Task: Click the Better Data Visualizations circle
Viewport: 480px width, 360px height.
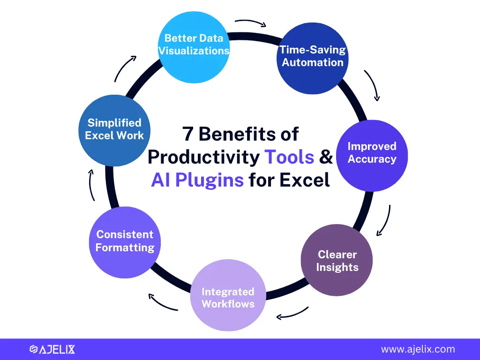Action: click(x=194, y=47)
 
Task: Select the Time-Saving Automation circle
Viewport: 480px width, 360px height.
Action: click(x=313, y=58)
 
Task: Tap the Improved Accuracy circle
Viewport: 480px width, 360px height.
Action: click(x=372, y=156)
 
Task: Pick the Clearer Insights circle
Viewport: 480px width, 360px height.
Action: click(x=337, y=260)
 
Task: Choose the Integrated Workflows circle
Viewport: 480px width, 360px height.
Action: click(x=228, y=295)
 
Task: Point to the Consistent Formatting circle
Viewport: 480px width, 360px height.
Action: click(x=125, y=242)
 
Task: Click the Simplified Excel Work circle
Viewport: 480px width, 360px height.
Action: click(x=114, y=130)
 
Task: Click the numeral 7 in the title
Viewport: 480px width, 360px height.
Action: click(x=187, y=134)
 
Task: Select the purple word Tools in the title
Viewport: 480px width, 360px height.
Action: click(x=289, y=157)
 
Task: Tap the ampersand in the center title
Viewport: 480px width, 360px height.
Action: click(x=326, y=157)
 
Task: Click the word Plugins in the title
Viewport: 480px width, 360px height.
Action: click(x=210, y=180)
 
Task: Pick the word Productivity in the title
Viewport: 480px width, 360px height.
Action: click(x=203, y=157)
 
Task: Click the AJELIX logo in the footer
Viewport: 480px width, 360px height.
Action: click(x=52, y=349)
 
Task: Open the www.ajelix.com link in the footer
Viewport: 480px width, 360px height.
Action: click(x=418, y=349)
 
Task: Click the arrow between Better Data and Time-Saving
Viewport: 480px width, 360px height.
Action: click(x=251, y=22)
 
